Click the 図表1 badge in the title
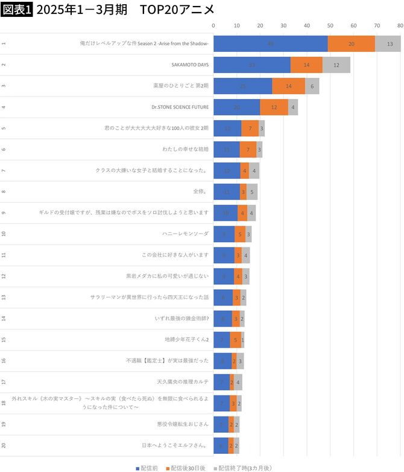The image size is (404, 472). tap(17, 10)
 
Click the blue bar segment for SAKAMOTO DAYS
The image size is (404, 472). tap(251, 65)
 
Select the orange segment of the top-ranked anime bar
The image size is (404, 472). tap(351, 43)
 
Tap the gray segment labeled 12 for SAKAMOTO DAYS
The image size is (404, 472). tap(336, 65)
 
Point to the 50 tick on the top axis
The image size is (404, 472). tap(330, 25)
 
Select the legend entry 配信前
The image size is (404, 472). tap(147, 468)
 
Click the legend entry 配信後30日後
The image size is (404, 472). tap(188, 468)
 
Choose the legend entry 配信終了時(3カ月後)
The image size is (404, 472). tap(241, 468)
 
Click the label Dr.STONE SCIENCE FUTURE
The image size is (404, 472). tap(180, 107)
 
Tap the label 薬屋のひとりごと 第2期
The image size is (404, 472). tap(180, 86)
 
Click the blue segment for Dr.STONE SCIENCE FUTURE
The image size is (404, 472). tap(236, 107)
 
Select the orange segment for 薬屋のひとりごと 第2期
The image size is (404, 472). tap(288, 86)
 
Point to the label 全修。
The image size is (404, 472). tap(200, 192)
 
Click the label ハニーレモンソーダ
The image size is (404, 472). tap(185, 234)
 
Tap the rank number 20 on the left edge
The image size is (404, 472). tap(4, 445)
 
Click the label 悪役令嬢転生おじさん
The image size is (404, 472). tap(183, 424)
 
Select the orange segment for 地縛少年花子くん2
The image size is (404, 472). tap(235, 340)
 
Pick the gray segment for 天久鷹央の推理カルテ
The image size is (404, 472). tap(238, 382)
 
